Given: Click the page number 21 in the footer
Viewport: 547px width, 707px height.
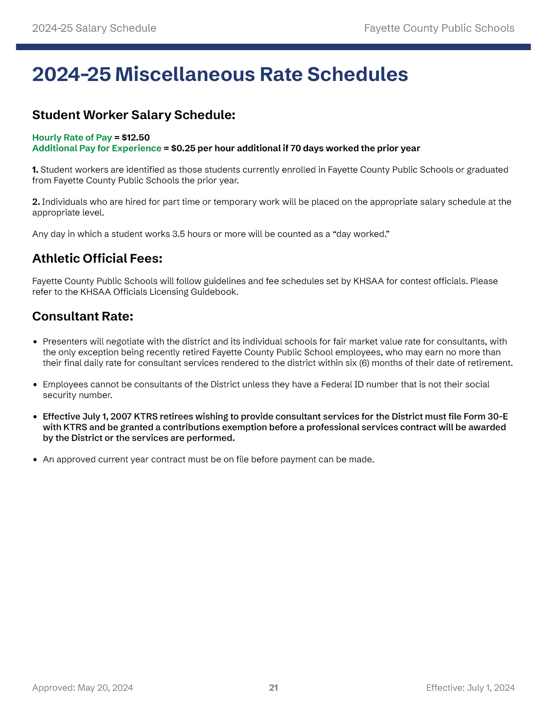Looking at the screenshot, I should [x=273, y=688].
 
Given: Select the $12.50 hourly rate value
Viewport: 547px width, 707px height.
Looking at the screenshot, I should [x=136, y=138].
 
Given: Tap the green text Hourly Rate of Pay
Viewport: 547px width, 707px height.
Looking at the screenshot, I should [x=72, y=138].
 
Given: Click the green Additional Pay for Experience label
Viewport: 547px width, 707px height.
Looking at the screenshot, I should [x=97, y=148].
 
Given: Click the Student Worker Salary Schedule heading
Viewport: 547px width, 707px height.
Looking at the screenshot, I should [x=133, y=115].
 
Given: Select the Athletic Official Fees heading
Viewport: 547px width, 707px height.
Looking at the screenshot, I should [x=97, y=258].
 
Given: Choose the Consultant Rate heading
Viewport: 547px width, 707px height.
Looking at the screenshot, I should [x=83, y=316].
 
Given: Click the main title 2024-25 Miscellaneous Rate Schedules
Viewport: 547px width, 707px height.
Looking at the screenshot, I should [x=220, y=74].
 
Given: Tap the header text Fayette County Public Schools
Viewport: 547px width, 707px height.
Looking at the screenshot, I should [x=439, y=28].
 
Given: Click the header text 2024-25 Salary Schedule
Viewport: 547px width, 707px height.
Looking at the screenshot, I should [x=94, y=28].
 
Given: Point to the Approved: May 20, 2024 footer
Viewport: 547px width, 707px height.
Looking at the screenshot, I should [x=82, y=688].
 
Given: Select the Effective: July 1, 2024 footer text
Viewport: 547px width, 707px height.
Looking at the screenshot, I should [x=470, y=688].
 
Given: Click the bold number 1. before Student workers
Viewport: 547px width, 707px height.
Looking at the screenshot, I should [x=35, y=170].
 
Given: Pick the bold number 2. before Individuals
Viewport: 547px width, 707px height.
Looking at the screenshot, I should [x=36, y=202].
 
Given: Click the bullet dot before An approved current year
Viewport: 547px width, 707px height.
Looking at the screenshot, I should [x=36, y=460].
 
